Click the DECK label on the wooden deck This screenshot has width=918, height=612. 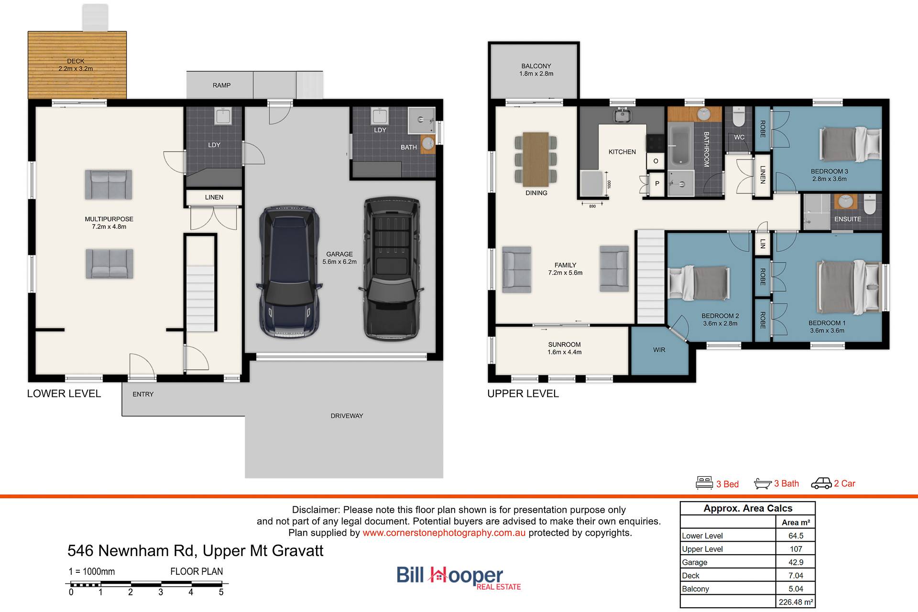[x=76, y=61]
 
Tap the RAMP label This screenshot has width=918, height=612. [x=221, y=85]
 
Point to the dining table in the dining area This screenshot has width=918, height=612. [x=536, y=159]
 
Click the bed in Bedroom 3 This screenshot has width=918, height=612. [x=851, y=144]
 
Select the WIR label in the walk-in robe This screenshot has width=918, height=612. [x=659, y=350]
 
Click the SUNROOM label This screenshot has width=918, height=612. [x=564, y=344]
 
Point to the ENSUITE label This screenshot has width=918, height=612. [x=848, y=219]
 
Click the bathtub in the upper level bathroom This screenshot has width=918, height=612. [x=680, y=144]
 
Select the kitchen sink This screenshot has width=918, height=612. [x=622, y=115]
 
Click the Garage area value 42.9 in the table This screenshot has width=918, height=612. [x=796, y=562]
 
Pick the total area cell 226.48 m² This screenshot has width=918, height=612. [x=796, y=602]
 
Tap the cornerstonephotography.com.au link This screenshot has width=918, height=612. [x=444, y=533]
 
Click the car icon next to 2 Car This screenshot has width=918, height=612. [x=821, y=483]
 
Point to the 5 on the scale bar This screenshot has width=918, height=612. [x=221, y=592]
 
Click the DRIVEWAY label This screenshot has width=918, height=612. [x=347, y=416]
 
